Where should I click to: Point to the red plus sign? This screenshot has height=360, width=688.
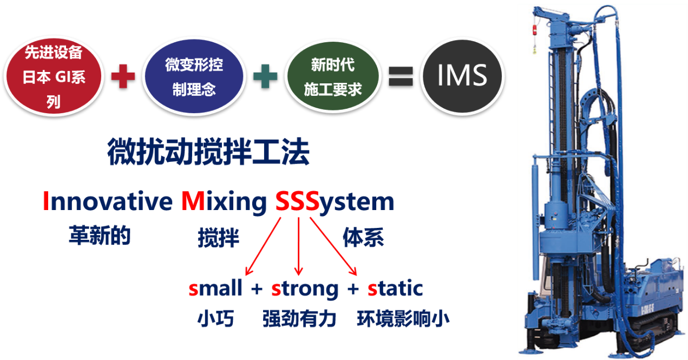(123, 76)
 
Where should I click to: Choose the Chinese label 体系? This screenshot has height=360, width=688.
(363, 238)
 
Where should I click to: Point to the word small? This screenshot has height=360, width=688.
(215, 289)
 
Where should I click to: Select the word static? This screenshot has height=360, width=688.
(395, 289)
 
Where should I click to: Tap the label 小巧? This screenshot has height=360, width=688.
(215, 319)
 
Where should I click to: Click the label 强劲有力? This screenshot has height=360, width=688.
(299, 319)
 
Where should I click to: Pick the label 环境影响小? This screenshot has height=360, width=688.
(403, 319)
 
